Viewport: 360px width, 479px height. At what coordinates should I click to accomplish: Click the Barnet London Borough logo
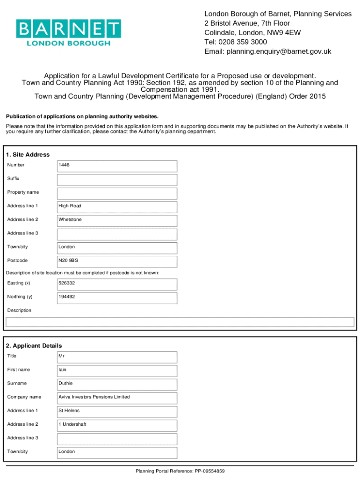point(69,32)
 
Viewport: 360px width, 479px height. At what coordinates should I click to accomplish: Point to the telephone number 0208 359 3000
point(242,42)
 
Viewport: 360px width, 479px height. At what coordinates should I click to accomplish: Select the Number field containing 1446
point(117,166)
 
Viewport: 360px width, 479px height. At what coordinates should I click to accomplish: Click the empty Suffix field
point(117,180)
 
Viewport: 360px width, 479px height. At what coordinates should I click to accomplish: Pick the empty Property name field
point(117,193)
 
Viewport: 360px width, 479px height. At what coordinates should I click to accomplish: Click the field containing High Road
point(117,207)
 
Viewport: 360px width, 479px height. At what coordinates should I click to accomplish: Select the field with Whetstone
point(117,220)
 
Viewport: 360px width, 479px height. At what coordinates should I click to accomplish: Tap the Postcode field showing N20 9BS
point(117,261)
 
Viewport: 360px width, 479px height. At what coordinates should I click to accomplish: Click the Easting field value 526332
point(117,284)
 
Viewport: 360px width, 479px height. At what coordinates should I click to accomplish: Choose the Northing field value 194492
point(117,298)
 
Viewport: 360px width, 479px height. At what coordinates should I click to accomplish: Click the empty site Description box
point(180,322)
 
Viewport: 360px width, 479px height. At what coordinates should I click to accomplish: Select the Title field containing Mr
point(117,357)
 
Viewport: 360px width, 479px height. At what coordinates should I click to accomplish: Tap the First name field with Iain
point(117,370)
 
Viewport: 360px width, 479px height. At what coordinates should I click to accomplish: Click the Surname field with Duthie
point(117,384)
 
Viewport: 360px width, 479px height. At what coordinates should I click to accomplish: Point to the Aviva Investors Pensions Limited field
point(117,398)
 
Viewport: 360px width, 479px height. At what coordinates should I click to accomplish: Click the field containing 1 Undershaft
point(117,425)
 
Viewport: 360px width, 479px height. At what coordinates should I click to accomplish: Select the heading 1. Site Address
point(28,155)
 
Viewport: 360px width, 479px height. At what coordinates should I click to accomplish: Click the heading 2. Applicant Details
point(34,346)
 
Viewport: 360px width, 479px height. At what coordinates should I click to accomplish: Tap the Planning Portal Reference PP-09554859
point(180,471)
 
